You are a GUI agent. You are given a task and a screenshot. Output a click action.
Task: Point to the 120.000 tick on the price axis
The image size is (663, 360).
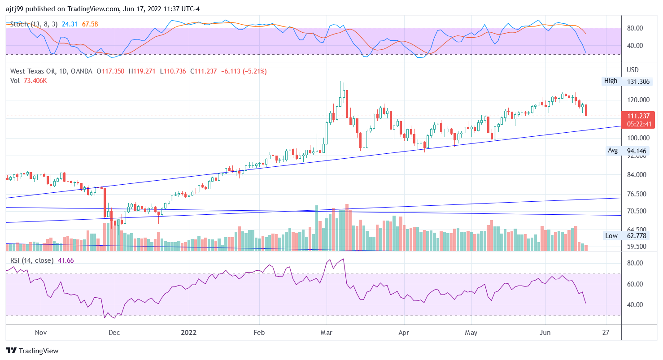pyautogui.click(x=637, y=100)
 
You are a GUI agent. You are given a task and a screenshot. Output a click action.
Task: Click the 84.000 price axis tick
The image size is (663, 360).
pyautogui.click(x=637, y=175)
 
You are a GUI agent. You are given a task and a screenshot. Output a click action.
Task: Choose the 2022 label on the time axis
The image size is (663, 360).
pyautogui.click(x=189, y=333)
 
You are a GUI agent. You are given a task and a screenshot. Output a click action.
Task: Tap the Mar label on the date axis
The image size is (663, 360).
pyautogui.click(x=327, y=333)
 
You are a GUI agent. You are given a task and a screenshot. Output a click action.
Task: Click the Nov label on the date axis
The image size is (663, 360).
pyautogui.click(x=41, y=333)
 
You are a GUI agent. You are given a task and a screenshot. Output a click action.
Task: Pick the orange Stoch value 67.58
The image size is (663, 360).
pyautogui.click(x=90, y=24)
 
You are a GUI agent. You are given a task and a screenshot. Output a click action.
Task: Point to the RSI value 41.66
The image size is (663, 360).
pyautogui.click(x=66, y=260)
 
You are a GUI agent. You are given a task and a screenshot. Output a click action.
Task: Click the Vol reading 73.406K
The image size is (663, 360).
pyautogui.click(x=35, y=81)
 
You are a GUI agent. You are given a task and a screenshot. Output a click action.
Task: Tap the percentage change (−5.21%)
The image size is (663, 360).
pyautogui.click(x=254, y=71)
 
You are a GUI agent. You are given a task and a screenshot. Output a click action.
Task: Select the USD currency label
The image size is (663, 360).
pyautogui.click(x=632, y=70)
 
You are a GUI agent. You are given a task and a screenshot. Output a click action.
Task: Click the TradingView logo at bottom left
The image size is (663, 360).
pyautogui.click(x=32, y=351)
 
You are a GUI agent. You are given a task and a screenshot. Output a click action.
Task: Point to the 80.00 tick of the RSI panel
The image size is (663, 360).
pyautogui.click(x=636, y=263)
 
